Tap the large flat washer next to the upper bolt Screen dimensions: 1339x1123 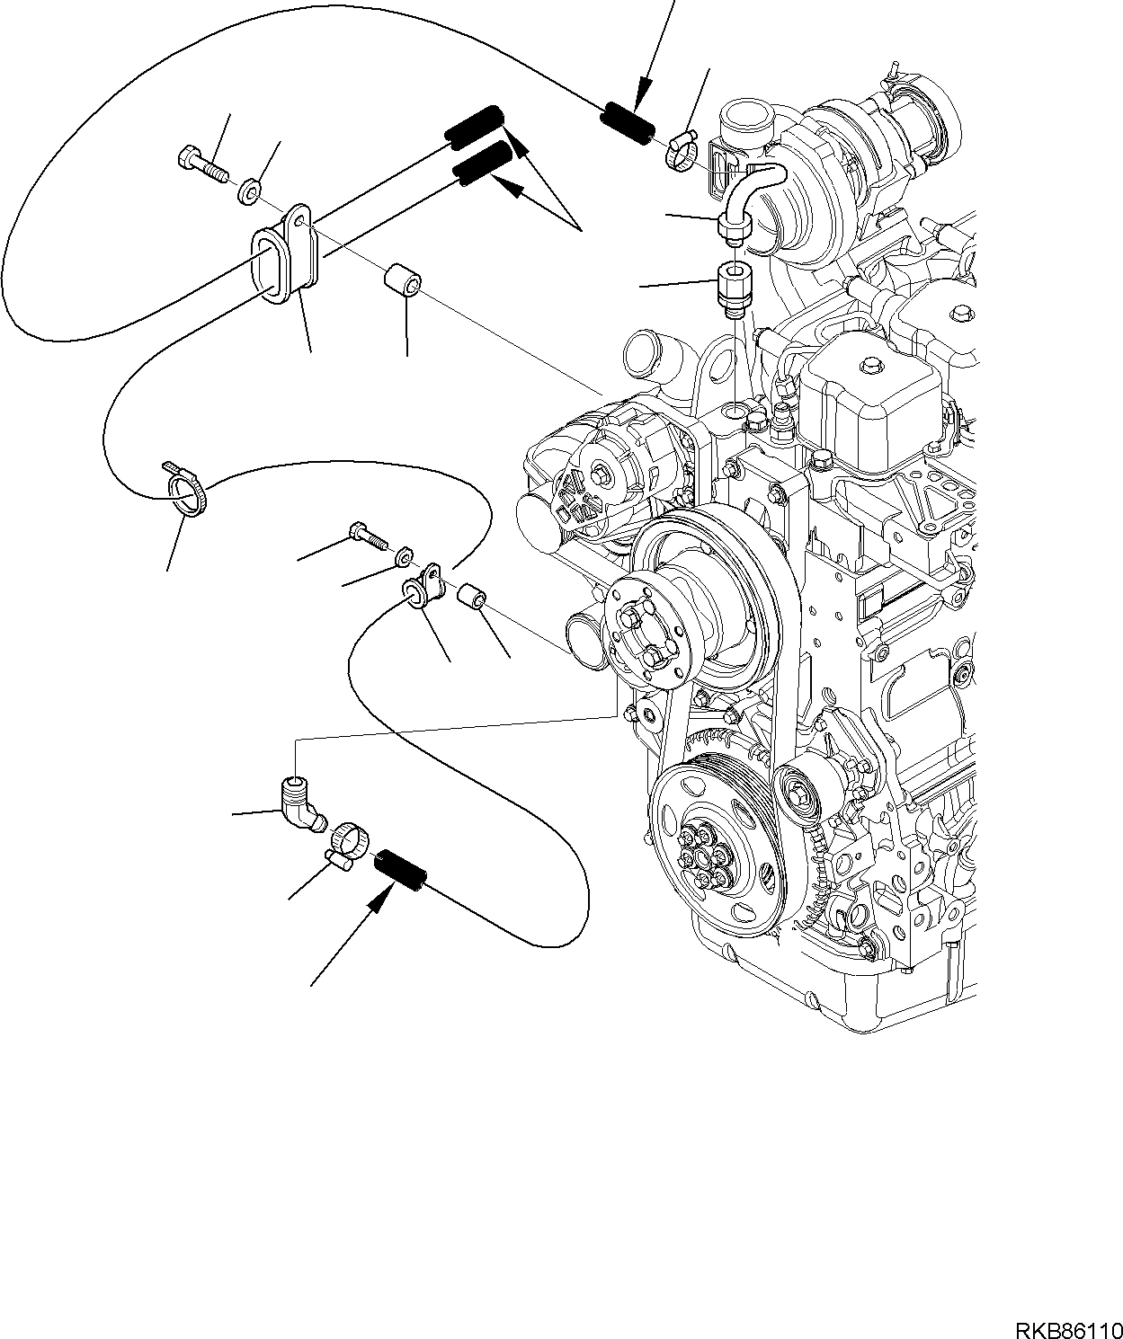point(250,190)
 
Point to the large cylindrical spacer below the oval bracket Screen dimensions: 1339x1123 point(403,283)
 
